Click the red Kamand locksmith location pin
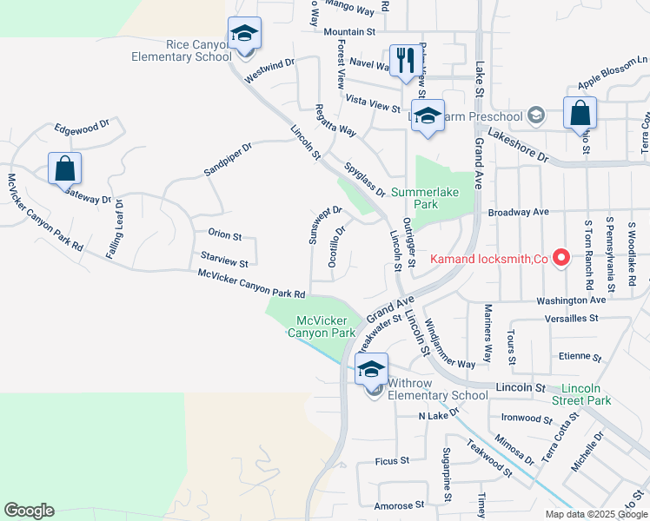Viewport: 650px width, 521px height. (x=561, y=258)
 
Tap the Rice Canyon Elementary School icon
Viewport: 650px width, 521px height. (x=244, y=35)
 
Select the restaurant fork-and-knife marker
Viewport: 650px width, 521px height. (x=402, y=61)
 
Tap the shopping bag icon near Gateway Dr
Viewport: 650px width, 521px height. (x=64, y=168)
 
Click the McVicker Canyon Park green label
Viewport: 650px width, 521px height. (x=326, y=326)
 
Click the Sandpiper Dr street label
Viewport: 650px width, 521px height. (x=227, y=159)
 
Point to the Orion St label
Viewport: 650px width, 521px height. (x=224, y=234)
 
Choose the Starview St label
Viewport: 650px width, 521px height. (x=224, y=257)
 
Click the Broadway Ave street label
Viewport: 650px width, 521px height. (x=519, y=211)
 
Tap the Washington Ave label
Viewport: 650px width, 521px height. (x=570, y=300)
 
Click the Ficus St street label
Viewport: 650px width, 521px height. (x=392, y=460)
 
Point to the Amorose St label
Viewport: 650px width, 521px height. (x=398, y=504)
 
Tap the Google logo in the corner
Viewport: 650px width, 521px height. (x=29, y=511)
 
